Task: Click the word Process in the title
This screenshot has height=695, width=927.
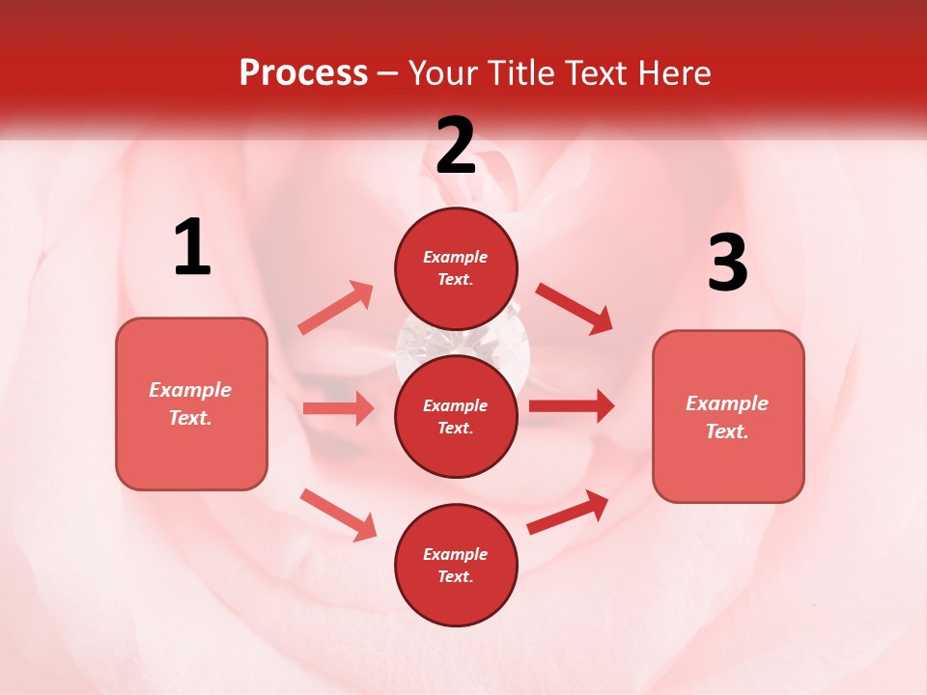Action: pyautogui.click(x=303, y=73)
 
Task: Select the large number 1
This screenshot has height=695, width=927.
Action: pyautogui.click(x=192, y=248)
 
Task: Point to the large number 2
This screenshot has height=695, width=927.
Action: pyautogui.click(x=456, y=146)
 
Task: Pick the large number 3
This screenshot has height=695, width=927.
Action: pyautogui.click(x=727, y=264)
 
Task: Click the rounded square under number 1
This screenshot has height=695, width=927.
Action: pyautogui.click(x=191, y=403)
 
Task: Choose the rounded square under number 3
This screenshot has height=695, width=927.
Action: pyautogui.click(x=728, y=417)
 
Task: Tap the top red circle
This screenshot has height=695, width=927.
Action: pyautogui.click(x=457, y=268)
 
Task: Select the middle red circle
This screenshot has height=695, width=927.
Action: pyautogui.click(x=457, y=416)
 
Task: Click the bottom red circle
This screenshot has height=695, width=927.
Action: pyautogui.click(x=457, y=565)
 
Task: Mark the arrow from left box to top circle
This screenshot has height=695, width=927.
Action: pyautogui.click(x=336, y=307)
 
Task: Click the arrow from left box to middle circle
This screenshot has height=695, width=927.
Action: pyautogui.click(x=338, y=408)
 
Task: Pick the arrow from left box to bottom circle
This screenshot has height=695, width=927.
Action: pyautogui.click(x=338, y=514)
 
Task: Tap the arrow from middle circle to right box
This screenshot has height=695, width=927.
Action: pyautogui.click(x=572, y=405)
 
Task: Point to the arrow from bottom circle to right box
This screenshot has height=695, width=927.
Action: pyautogui.click(x=568, y=512)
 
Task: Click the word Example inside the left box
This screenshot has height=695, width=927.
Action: pyautogui.click(x=190, y=390)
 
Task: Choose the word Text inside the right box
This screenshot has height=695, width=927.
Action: pyautogui.click(x=727, y=431)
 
